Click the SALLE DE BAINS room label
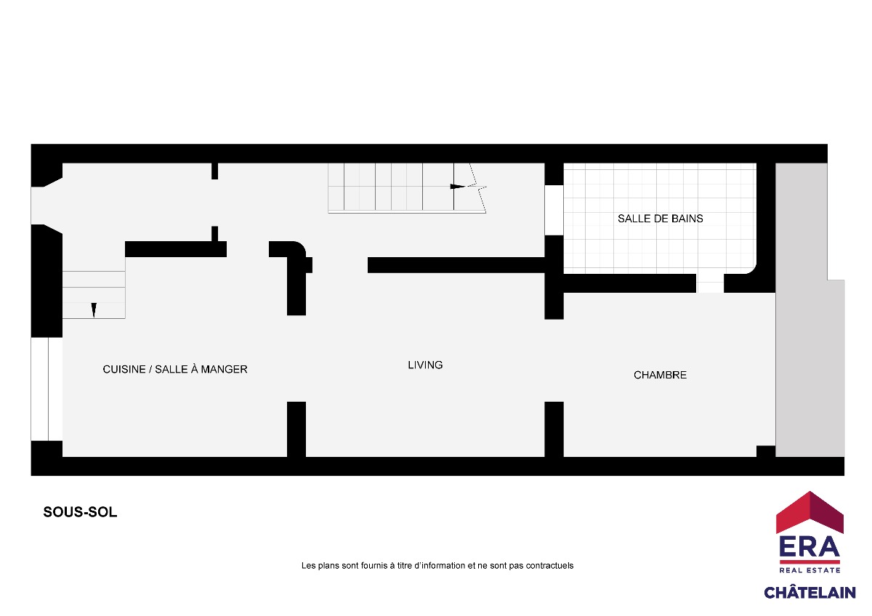661,219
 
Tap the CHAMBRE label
660,375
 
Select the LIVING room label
425,365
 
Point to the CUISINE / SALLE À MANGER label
175,369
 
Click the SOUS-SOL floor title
80,512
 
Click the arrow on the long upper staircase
457,187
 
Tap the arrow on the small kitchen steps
94,310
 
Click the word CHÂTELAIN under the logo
810,592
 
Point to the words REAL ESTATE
810,570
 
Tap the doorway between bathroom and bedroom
710,283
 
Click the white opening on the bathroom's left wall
554,210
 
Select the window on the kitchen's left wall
47,389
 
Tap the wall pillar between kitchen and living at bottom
296,429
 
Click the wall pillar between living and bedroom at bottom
554,429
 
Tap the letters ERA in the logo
810,547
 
